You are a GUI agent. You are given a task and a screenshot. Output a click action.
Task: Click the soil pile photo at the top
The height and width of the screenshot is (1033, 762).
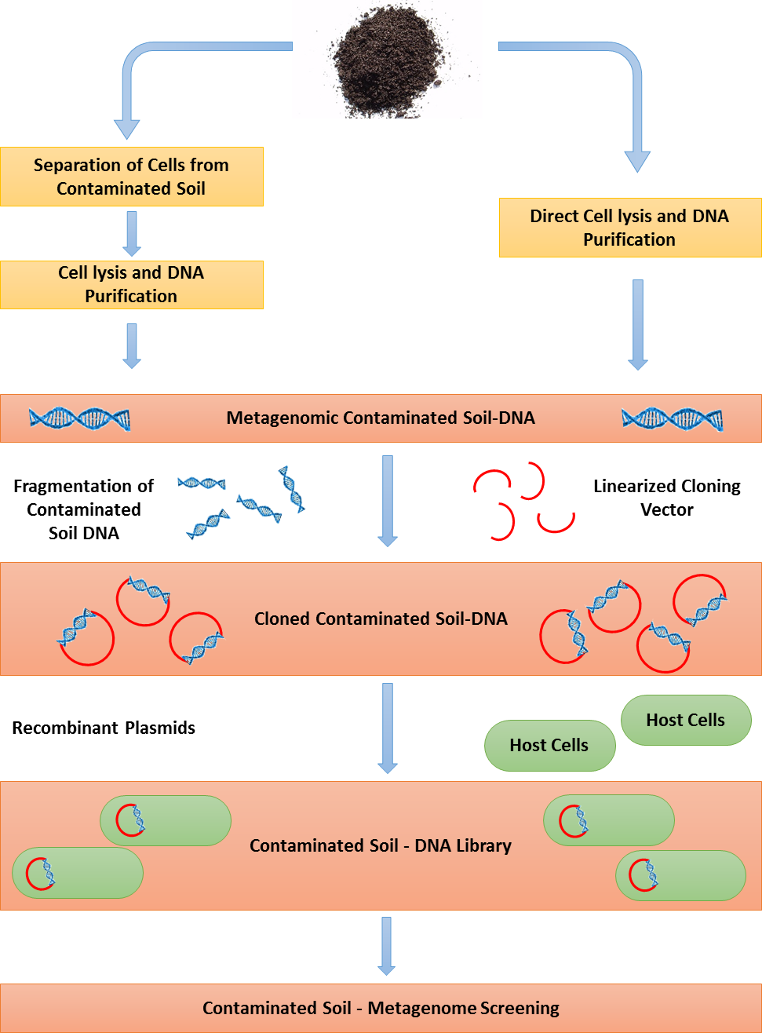(387, 59)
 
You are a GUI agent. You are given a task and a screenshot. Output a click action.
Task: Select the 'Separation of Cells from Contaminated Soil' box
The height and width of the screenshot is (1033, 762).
(131, 177)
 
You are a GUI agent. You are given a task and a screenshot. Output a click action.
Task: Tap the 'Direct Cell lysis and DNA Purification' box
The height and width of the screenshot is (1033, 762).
(629, 228)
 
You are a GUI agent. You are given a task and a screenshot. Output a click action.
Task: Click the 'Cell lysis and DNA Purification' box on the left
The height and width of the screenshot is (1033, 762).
(131, 284)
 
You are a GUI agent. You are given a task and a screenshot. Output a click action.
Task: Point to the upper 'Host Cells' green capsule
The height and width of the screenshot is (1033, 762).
(686, 720)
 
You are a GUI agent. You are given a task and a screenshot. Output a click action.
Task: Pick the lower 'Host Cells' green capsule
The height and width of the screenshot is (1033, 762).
(549, 745)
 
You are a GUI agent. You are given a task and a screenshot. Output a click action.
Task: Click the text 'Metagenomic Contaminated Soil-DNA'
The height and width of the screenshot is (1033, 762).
(381, 418)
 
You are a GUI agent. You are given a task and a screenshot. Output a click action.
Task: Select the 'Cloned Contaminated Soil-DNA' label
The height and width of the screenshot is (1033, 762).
(381, 619)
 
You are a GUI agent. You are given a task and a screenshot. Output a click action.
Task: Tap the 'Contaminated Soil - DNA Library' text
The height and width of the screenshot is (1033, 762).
(381, 845)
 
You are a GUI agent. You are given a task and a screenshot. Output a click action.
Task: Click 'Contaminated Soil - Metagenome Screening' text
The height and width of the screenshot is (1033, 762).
(381, 1008)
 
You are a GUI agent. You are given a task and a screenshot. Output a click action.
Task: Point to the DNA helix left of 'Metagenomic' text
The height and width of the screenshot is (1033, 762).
(79, 418)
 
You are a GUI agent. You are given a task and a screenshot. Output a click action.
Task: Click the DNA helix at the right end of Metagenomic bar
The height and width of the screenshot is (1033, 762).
(672, 419)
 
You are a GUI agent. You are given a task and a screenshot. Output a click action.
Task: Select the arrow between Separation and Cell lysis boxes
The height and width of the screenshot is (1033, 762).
(132, 233)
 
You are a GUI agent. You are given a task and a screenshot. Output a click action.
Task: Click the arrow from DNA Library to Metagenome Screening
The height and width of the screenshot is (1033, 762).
(386, 946)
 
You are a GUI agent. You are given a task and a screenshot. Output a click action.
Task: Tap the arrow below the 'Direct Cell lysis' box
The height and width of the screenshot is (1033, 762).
(638, 324)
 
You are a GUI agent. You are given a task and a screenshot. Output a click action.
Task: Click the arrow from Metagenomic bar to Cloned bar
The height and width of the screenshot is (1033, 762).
(388, 501)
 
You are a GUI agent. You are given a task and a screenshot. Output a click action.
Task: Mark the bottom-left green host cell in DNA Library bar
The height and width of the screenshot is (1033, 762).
(78, 873)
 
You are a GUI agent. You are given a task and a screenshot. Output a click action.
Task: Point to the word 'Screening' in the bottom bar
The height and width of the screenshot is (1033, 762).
(521, 1008)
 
